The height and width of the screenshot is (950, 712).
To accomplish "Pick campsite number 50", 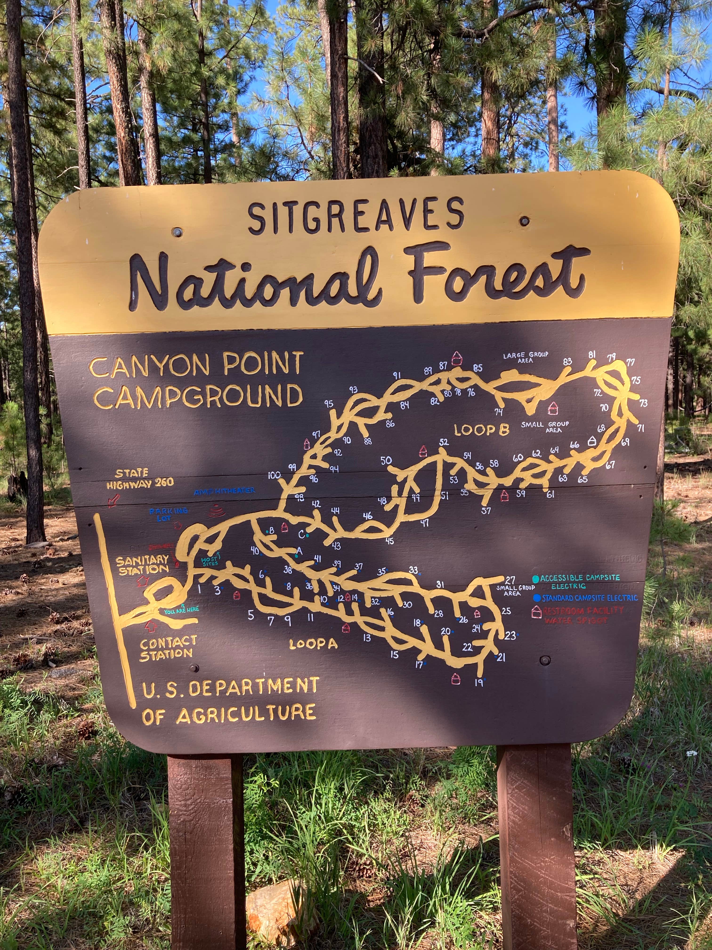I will (386, 460).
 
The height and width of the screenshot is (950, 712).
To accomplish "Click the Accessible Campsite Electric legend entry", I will (579, 582).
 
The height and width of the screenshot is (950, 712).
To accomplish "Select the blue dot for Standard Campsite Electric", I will (536, 598).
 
